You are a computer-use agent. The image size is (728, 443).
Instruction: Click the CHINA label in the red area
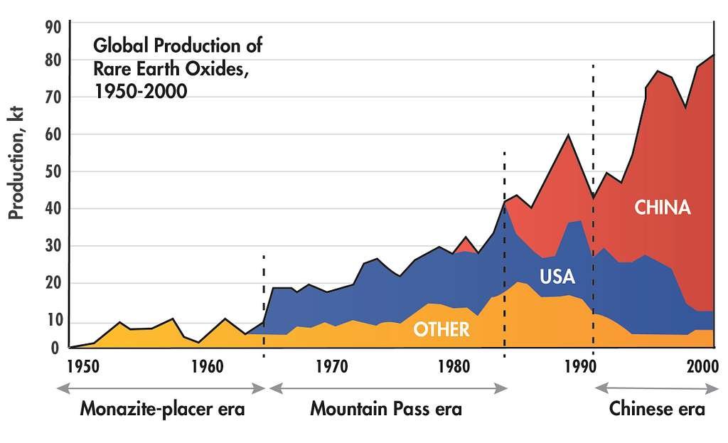click(x=662, y=208)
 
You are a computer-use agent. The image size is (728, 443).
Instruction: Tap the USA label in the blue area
click(x=557, y=277)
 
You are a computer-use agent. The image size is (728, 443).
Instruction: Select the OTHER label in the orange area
click(x=441, y=329)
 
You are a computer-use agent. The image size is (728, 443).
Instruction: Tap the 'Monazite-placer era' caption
click(x=162, y=410)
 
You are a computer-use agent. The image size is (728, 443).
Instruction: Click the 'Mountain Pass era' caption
click(x=386, y=410)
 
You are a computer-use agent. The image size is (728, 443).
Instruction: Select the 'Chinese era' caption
click(x=657, y=410)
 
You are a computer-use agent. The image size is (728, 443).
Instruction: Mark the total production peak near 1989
click(x=567, y=135)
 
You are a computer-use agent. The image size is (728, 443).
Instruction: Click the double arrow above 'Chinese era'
click(x=656, y=388)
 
